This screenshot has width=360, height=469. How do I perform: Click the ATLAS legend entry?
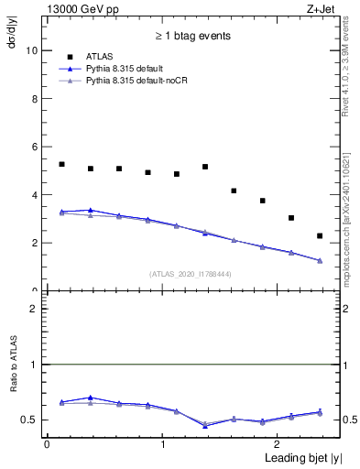click(x=99, y=57)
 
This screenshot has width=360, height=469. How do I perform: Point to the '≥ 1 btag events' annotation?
click(x=192, y=36)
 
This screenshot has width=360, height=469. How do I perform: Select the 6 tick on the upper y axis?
click(x=36, y=147)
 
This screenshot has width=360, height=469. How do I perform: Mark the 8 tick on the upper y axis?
click(x=36, y=99)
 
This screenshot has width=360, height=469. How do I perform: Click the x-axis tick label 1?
click(x=162, y=443)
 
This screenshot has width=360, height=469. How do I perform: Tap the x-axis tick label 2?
click(x=278, y=443)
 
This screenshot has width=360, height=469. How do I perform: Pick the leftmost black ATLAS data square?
click(x=61, y=164)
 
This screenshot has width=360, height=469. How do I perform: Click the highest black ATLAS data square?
click(x=61, y=164)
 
